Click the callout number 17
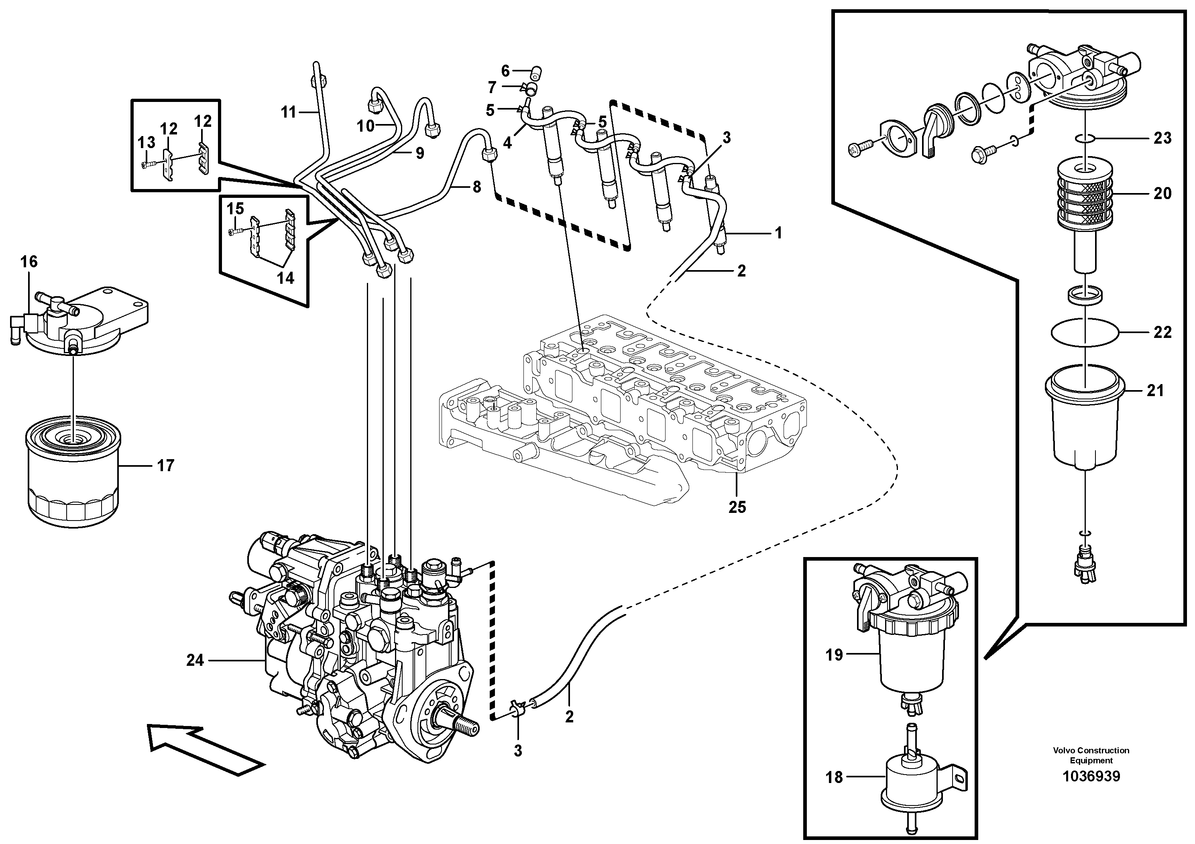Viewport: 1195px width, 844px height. click(165, 465)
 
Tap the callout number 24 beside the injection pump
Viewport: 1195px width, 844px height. click(195, 660)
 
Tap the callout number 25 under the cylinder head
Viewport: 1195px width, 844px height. click(737, 507)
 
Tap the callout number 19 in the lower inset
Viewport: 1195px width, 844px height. click(834, 655)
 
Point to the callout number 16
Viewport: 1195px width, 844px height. click(29, 261)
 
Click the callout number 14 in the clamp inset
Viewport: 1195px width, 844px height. click(285, 278)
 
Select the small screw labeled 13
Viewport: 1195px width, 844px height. click(147, 165)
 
